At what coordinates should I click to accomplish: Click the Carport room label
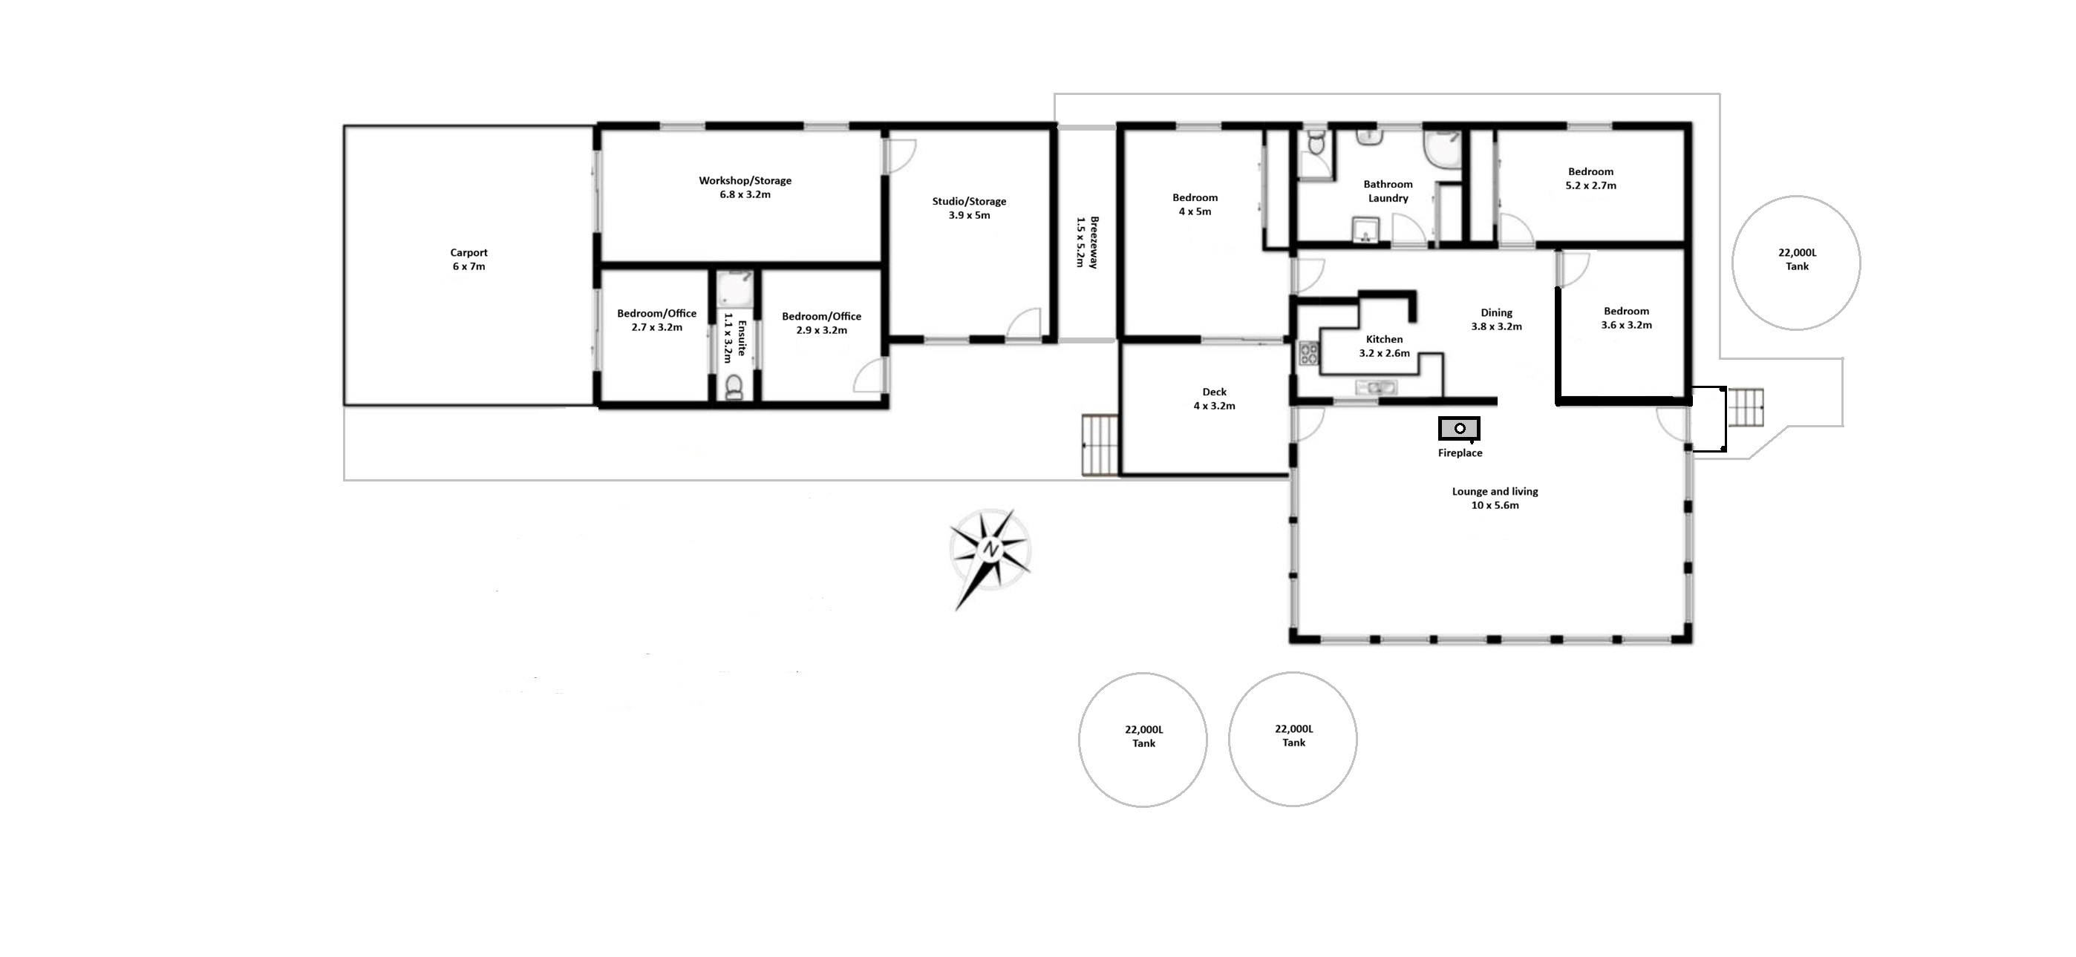tap(469, 260)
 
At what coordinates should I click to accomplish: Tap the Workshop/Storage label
tap(745, 188)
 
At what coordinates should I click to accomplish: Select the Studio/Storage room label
tap(969, 208)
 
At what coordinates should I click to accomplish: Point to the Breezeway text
tap(1094, 242)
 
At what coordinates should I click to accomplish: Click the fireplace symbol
tap(1460, 429)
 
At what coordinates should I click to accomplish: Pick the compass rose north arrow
tap(990, 556)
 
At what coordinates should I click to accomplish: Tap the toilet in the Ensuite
tap(735, 387)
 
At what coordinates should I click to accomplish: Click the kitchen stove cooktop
tap(1308, 355)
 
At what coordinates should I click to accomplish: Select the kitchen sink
tap(1377, 388)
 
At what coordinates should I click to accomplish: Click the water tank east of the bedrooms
tap(1796, 263)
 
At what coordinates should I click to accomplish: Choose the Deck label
tap(1214, 392)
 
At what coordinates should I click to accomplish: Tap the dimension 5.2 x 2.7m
tap(1591, 185)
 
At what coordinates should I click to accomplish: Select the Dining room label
tap(1497, 312)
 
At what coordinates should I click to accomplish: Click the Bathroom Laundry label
tap(1388, 191)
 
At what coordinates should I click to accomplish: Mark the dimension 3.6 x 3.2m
tap(1626, 326)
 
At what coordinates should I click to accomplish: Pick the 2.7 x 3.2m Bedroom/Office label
tap(657, 320)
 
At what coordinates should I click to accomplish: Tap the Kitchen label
tap(1385, 339)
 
